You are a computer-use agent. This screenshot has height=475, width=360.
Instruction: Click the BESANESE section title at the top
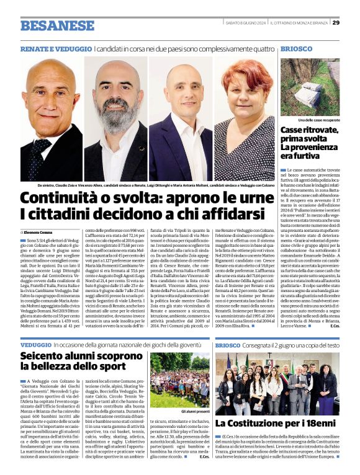(x=48, y=25)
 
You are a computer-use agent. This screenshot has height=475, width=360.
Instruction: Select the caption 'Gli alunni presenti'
(x=179, y=411)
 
